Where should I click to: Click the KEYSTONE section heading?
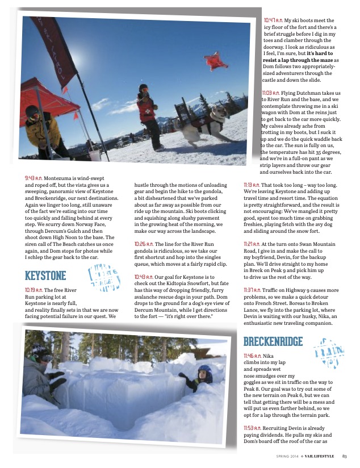point(46,276)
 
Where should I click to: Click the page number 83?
point(345,456)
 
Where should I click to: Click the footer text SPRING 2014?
point(286,456)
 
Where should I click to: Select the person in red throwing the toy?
point(147,114)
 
